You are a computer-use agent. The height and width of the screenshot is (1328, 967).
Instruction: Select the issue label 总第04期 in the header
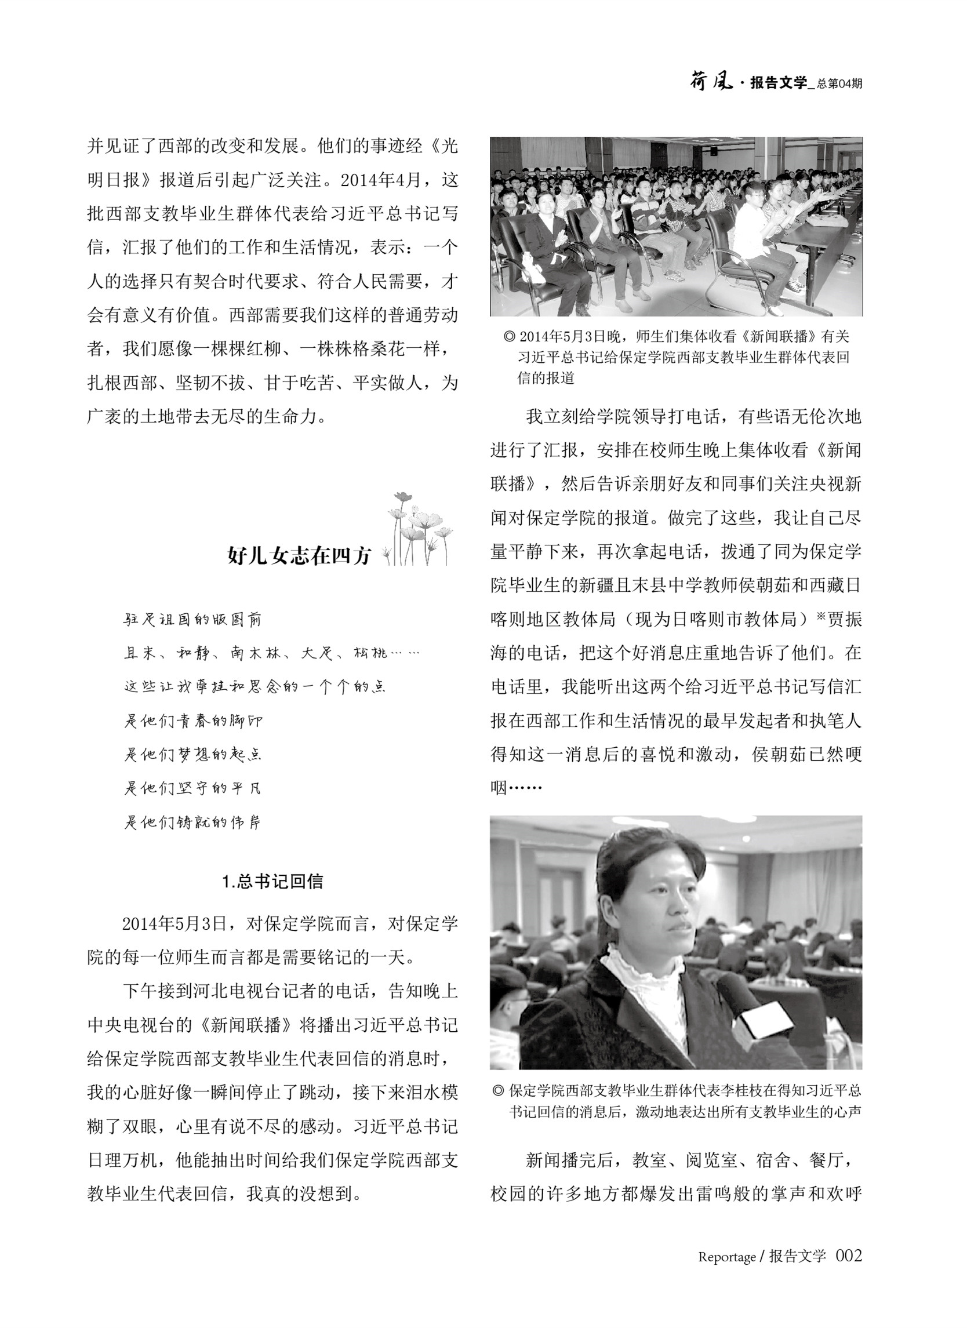coord(839,83)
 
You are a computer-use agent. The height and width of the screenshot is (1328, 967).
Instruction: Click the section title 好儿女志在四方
coord(299,555)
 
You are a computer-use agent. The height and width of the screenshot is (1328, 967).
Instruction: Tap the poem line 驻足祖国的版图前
coord(192,620)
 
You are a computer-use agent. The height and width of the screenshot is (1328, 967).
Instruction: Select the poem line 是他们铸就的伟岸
coord(192,822)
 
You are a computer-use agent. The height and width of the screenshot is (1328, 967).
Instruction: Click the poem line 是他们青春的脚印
coord(193,721)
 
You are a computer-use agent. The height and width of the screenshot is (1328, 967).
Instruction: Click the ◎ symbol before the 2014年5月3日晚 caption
coord(509,337)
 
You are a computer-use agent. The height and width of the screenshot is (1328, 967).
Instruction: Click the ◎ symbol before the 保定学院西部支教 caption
coord(498,1090)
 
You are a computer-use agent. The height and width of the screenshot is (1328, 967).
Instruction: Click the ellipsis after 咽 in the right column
coord(526,788)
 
